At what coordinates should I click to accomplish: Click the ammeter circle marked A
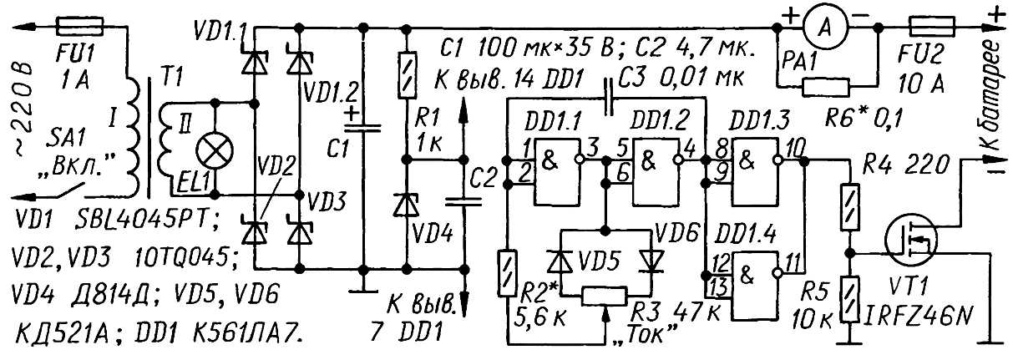(826, 28)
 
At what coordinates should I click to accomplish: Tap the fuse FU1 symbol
(79, 27)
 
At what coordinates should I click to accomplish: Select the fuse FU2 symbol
(932, 27)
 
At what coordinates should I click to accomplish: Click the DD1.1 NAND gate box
(557, 172)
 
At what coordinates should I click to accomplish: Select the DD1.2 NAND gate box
(656, 172)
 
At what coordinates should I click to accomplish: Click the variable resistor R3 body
(604, 297)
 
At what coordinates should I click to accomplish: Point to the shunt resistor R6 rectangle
(826, 88)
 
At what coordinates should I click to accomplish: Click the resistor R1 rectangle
(407, 75)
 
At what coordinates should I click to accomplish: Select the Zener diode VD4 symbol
(407, 205)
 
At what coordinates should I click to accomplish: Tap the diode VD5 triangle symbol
(560, 261)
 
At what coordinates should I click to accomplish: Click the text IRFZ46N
(918, 318)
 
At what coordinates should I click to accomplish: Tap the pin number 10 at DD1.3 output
(793, 147)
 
